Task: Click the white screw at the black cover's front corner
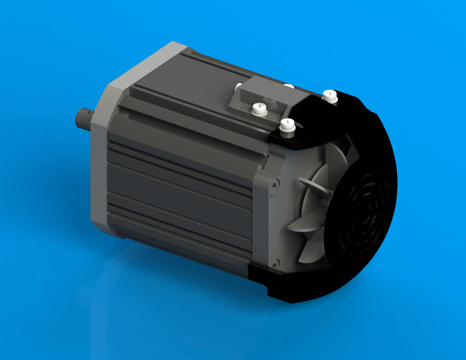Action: point(286,126)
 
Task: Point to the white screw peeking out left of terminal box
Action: point(238,87)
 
